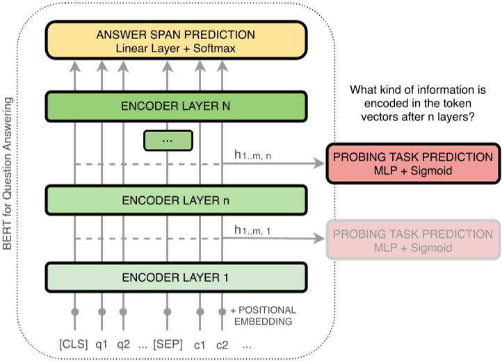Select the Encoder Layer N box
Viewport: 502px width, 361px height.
point(176,107)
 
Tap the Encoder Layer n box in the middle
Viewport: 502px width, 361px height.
point(176,199)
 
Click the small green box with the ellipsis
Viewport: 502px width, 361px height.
point(167,141)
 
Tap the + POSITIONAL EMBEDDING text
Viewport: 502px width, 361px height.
point(262,314)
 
